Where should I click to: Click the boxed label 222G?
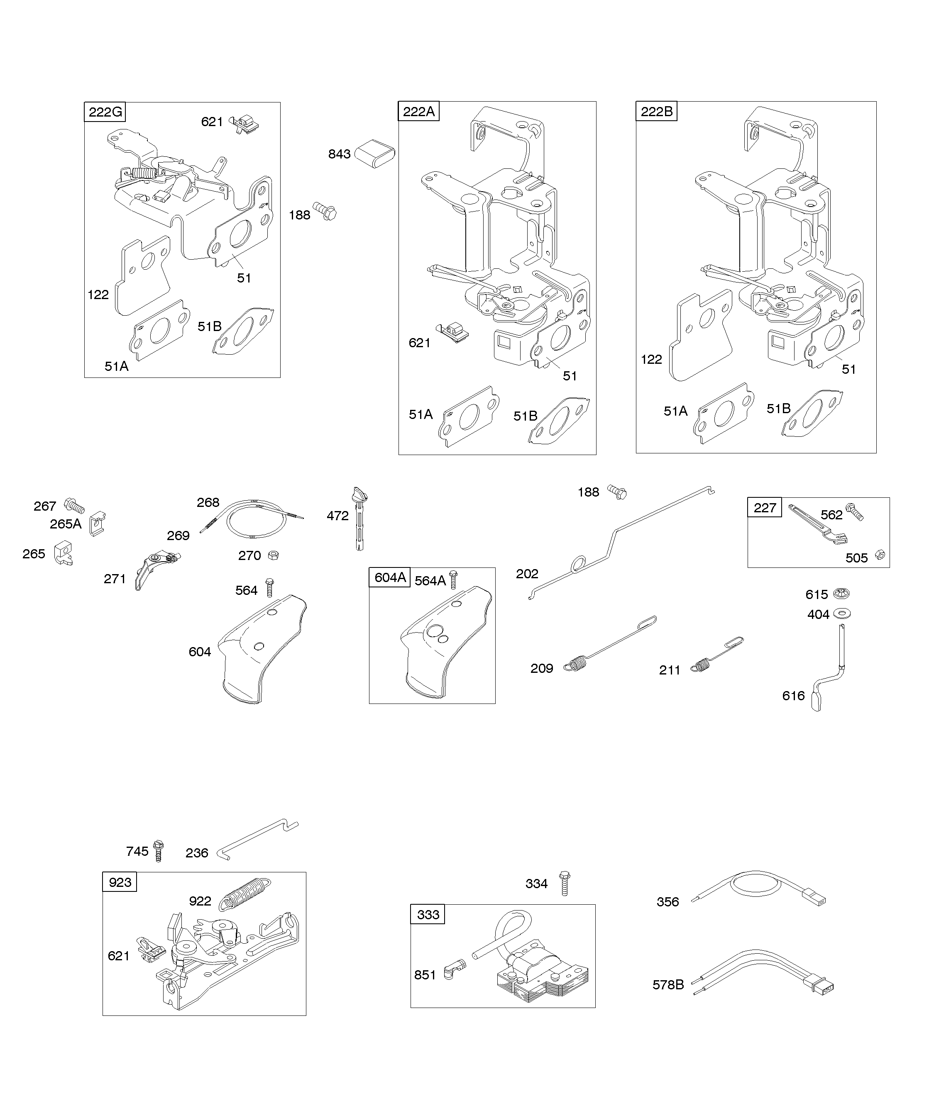pyautogui.click(x=105, y=112)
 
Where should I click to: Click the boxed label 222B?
pyautogui.click(x=656, y=112)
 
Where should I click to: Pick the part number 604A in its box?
pyautogui.click(x=390, y=577)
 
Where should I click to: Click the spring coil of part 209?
pyautogui.click(x=574, y=665)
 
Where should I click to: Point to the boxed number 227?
pyautogui.click(x=764, y=508)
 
